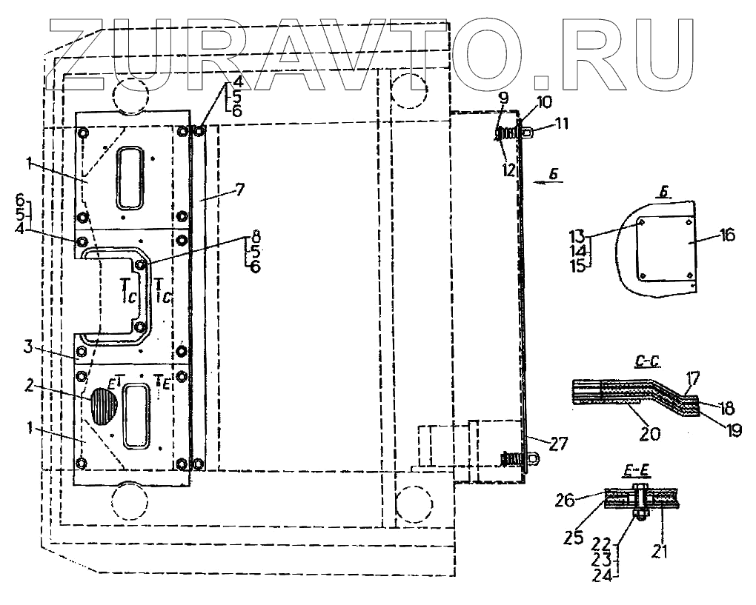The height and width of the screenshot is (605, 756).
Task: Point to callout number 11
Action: (x=562, y=124)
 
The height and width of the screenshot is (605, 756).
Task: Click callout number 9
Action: (x=503, y=97)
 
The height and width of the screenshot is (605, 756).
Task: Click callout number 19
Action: (x=734, y=430)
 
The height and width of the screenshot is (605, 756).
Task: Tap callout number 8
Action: (x=256, y=235)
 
